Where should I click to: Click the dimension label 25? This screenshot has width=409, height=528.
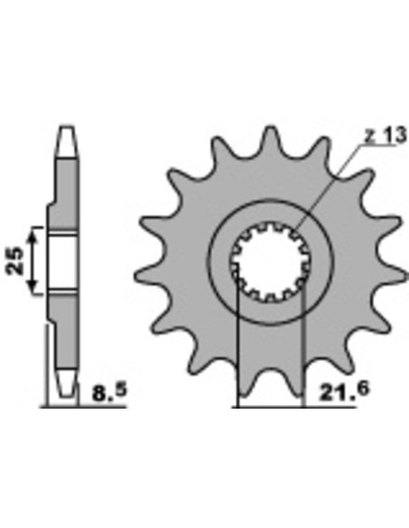tap(15, 260)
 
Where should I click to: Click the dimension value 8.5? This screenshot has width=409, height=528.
tap(109, 392)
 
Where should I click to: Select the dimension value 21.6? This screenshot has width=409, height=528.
tap(345, 391)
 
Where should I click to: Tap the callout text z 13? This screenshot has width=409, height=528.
tap(385, 137)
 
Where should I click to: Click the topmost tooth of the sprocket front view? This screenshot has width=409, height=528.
tap(271, 140)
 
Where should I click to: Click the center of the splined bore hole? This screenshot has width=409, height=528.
tap(271, 262)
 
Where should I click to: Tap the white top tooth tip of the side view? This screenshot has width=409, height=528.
tap(67, 141)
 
